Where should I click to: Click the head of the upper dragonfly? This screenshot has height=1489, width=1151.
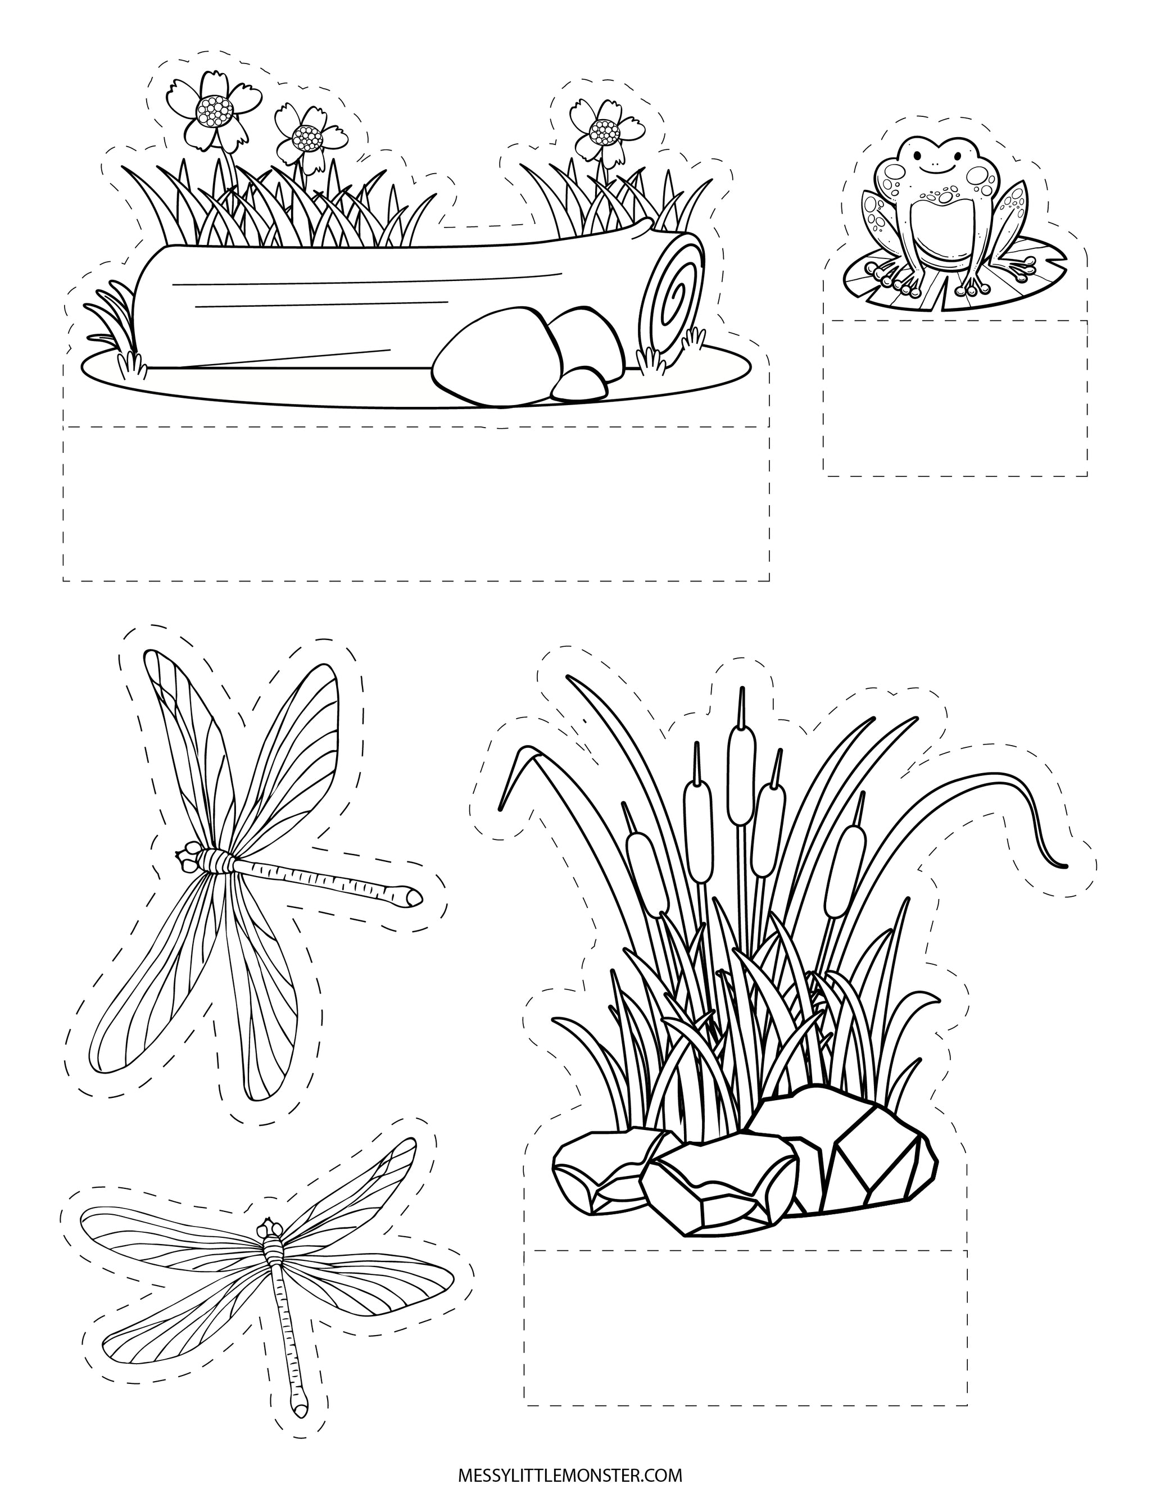(187, 855)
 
